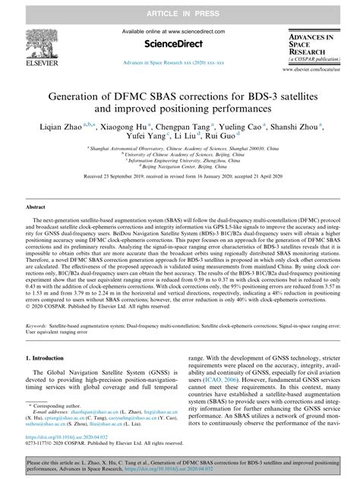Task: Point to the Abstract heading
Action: [37, 206]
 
